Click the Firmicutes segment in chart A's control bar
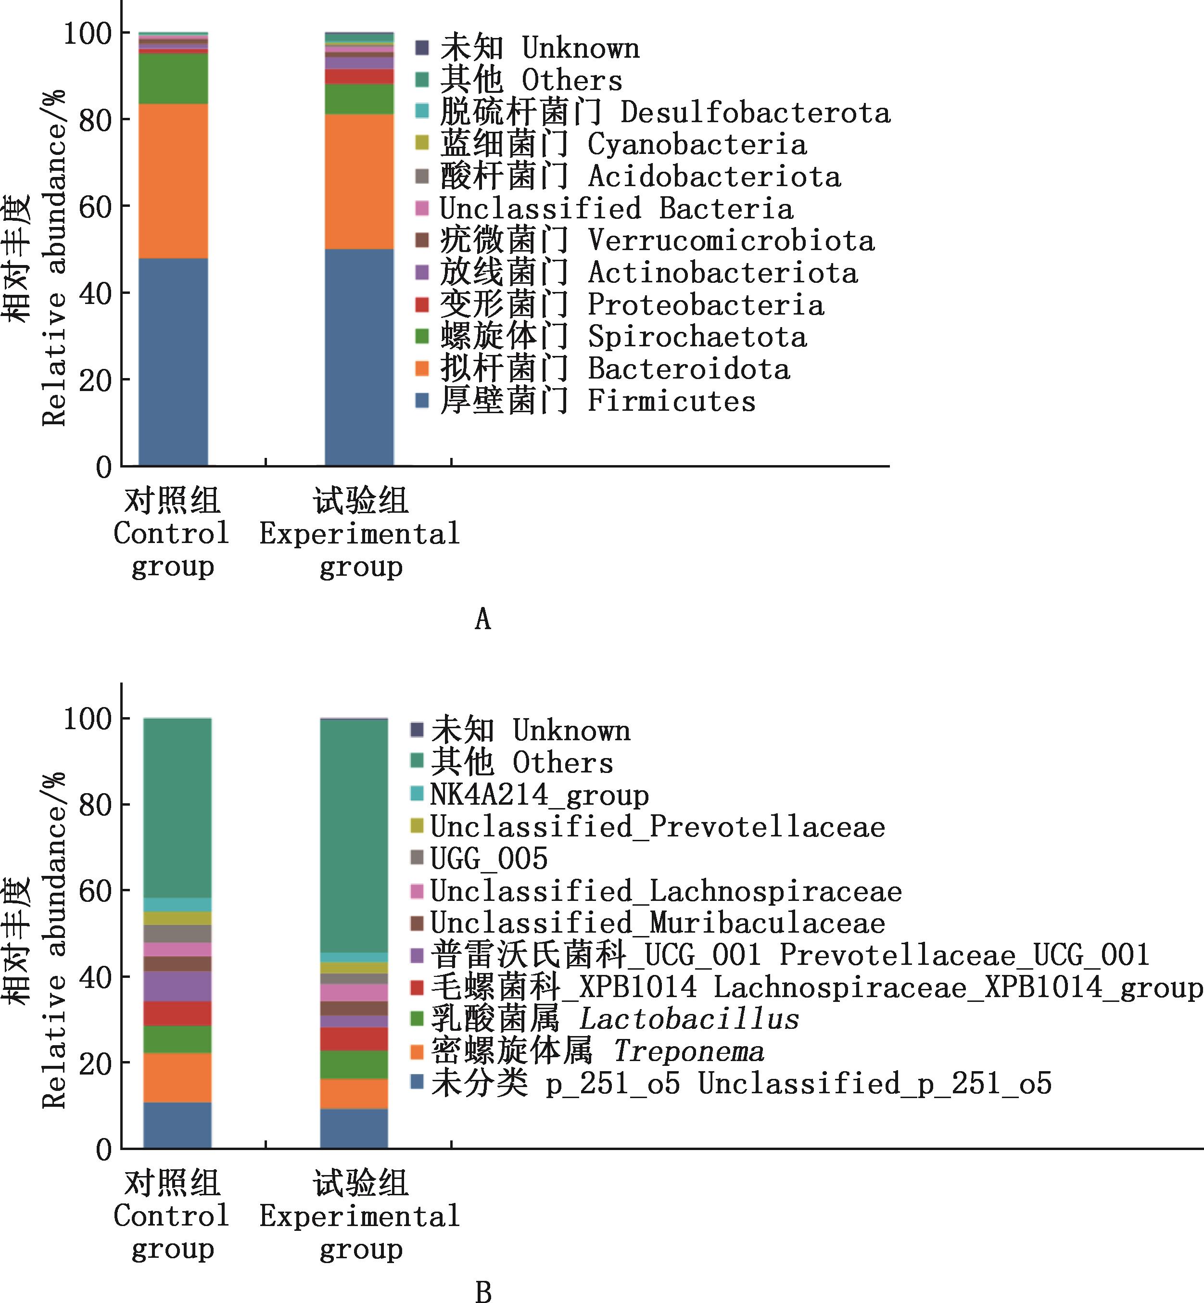click(x=173, y=362)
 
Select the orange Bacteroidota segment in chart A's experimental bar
click(x=359, y=181)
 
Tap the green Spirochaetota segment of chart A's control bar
click(x=173, y=79)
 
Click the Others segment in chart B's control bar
click(x=177, y=808)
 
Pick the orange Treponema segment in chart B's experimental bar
click(x=354, y=1094)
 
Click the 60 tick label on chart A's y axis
click(x=95, y=207)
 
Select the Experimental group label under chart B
click(x=360, y=1215)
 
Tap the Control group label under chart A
click(x=172, y=533)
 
